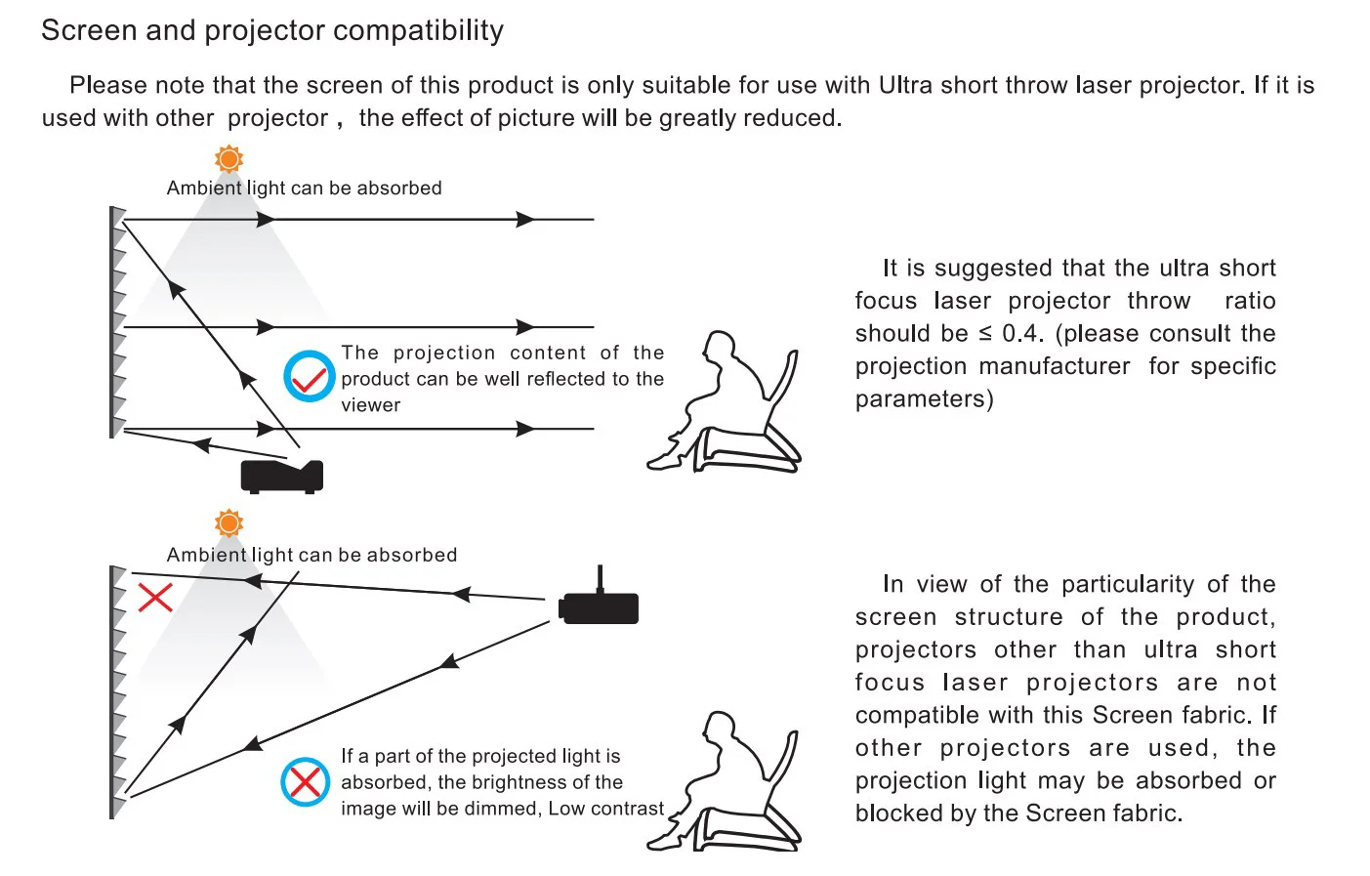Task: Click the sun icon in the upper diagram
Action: (x=228, y=159)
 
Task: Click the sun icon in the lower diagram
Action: (x=228, y=523)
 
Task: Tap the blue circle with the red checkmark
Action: (x=309, y=377)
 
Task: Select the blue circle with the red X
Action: (x=305, y=781)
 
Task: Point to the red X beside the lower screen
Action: (x=154, y=597)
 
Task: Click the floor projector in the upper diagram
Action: (x=282, y=476)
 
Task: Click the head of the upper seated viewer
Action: (x=721, y=349)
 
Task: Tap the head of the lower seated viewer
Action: (x=720, y=728)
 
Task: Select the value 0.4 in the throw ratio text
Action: (x=1021, y=334)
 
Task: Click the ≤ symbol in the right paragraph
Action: (x=984, y=334)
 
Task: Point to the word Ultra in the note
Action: (x=905, y=86)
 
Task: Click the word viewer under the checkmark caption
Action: (x=371, y=405)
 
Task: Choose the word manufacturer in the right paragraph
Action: (x=1059, y=366)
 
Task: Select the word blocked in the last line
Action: (x=892, y=813)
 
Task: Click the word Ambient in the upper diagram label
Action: (x=204, y=188)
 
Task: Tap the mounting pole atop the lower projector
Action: (x=600, y=578)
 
